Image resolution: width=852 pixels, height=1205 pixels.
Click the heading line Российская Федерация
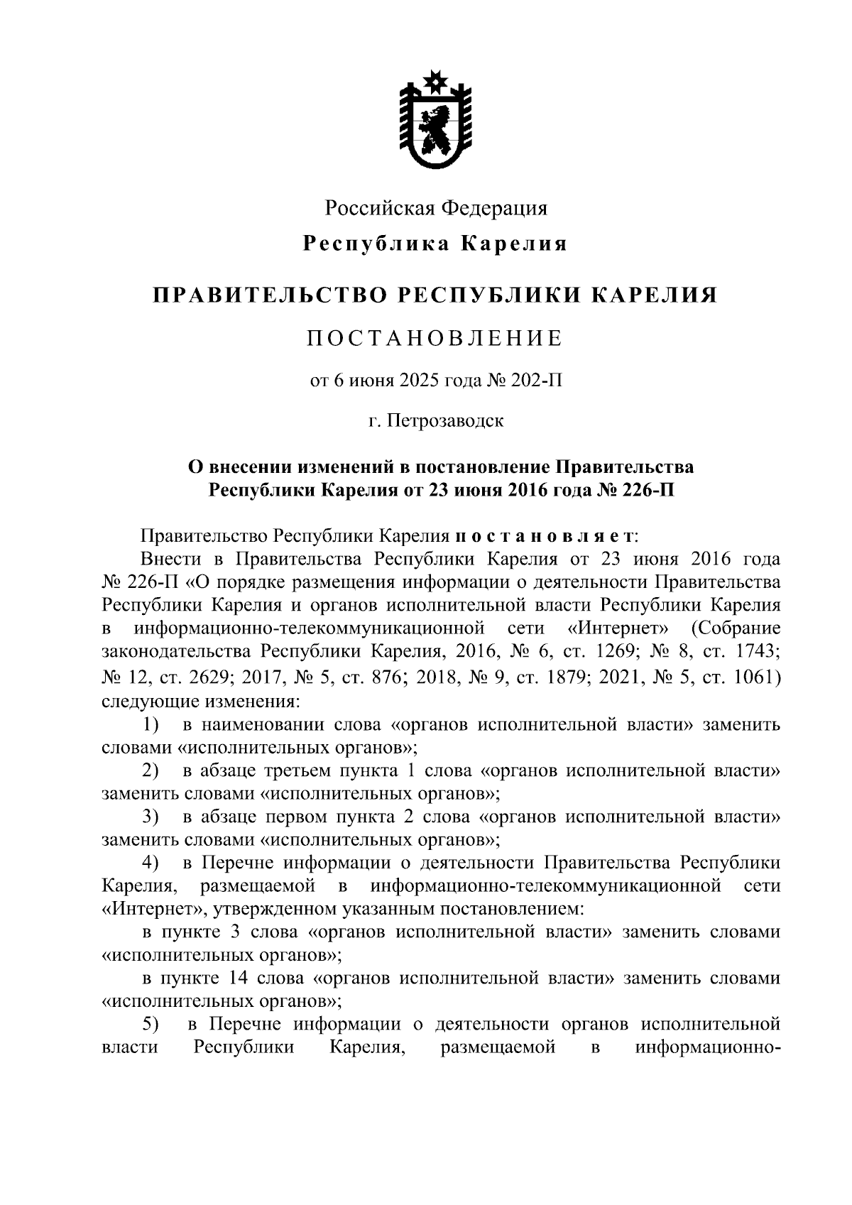436,208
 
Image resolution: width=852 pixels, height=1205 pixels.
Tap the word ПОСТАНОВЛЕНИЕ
435,339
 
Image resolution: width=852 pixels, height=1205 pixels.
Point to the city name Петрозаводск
446,420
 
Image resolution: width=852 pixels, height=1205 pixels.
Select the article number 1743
758,651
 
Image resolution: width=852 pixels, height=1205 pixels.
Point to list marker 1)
150,725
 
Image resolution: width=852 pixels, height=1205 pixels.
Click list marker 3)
150,817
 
